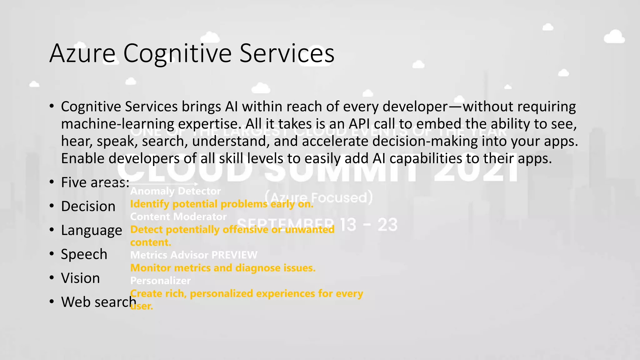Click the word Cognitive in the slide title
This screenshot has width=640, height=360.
point(177,53)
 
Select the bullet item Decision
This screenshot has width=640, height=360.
point(88,207)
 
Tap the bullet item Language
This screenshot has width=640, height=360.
point(91,231)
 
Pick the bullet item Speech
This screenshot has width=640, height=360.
point(84,254)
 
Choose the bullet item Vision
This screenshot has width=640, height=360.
point(80,278)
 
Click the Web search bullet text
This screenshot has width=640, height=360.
point(98,302)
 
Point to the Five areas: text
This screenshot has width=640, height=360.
point(95,182)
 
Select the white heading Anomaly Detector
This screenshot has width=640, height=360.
point(175,191)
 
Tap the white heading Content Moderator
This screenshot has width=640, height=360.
point(178,217)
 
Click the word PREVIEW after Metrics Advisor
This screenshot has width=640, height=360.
point(234,255)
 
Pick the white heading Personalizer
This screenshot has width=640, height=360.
point(160,281)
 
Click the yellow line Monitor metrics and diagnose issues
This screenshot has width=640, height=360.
point(222,268)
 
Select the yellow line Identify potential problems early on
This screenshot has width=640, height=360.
point(221,204)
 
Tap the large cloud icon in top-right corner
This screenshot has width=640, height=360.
point(614,37)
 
